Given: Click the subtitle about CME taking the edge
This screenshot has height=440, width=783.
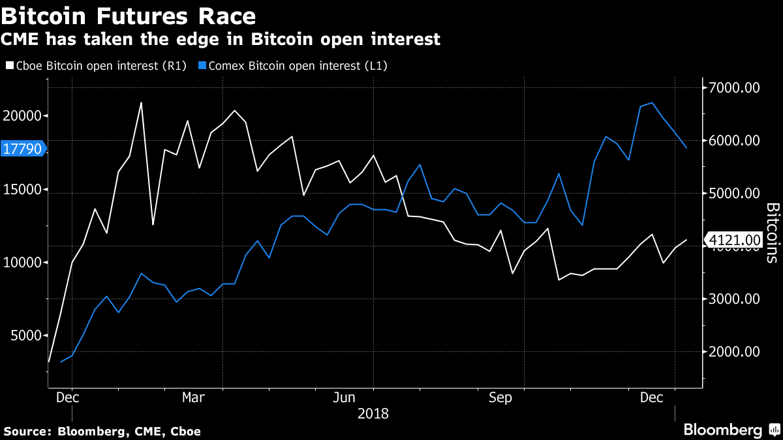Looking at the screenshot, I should tap(221, 40).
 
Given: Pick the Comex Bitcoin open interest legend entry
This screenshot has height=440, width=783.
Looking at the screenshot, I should tap(293, 65).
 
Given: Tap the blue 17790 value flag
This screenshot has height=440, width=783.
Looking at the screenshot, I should tap(23, 149).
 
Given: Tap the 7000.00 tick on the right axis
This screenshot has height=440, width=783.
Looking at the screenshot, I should tap(733, 88).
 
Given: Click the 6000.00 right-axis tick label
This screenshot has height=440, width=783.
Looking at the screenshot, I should tap(733, 141).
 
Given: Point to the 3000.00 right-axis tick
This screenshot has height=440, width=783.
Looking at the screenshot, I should tap(733, 299).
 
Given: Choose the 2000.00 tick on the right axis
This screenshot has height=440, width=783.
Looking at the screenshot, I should tap(733, 352).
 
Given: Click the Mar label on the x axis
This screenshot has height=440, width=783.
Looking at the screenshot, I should tap(193, 397).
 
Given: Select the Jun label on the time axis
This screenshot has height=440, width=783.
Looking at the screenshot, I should tap(344, 397).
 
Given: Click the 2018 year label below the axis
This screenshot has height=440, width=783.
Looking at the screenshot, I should tap(373, 413).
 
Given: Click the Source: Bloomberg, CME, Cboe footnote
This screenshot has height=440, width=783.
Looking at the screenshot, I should tap(102, 431).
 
